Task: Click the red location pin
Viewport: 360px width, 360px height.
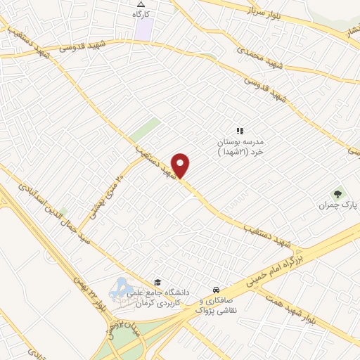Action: click(x=181, y=165)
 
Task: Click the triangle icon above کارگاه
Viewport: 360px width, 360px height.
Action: click(x=141, y=5)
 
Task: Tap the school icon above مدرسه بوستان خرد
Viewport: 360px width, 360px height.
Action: click(x=239, y=130)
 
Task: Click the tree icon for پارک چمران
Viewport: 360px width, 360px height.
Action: click(x=338, y=193)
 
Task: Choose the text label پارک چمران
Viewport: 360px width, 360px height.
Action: click(x=334, y=206)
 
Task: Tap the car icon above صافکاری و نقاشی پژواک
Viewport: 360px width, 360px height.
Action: click(x=216, y=290)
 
